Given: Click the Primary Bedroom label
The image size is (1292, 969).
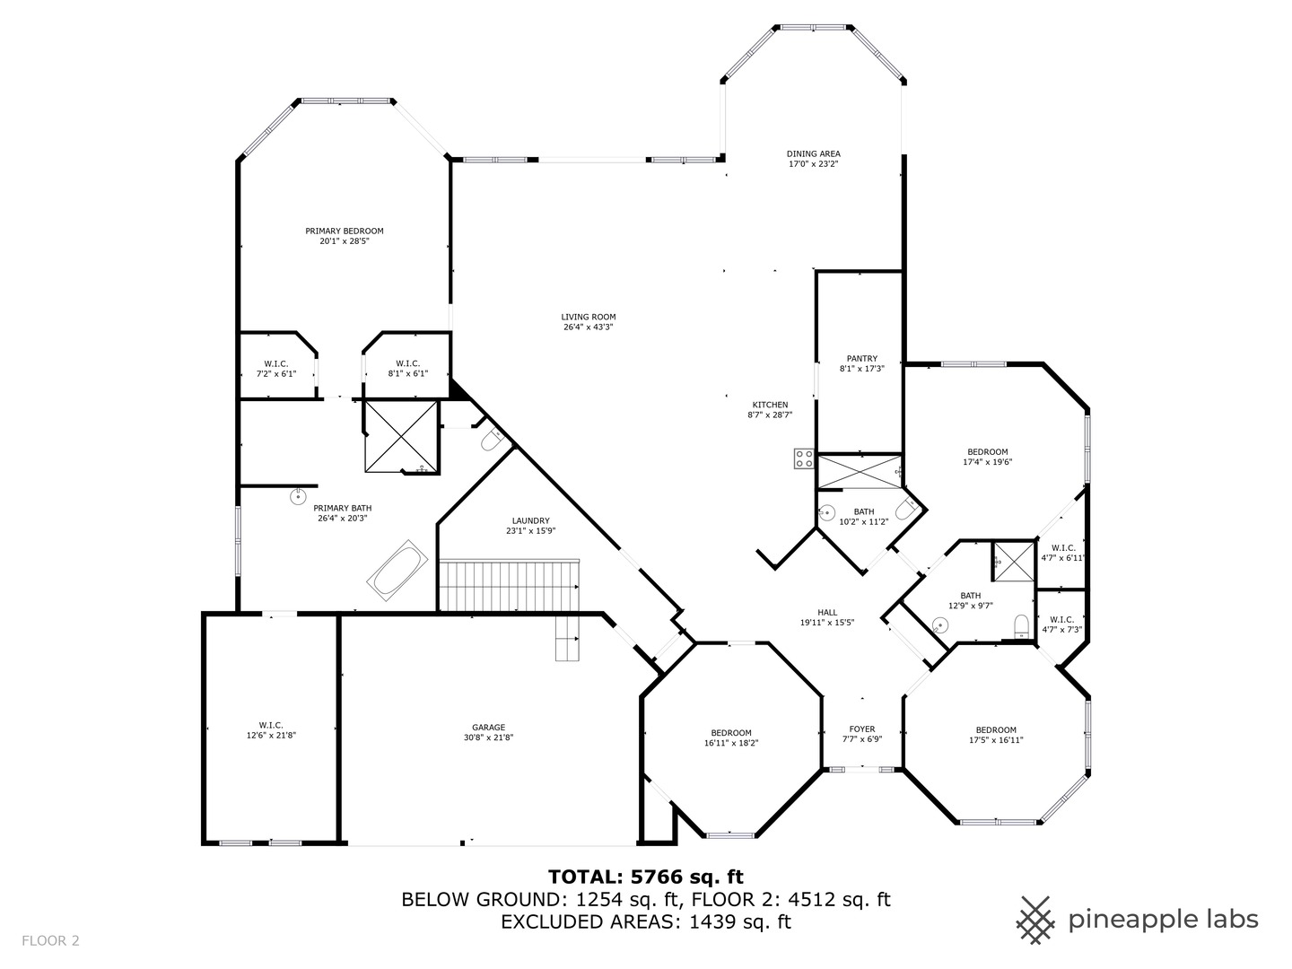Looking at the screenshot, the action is pyautogui.click(x=345, y=231).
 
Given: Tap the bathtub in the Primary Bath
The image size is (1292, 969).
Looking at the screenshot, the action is pyautogui.click(x=397, y=570).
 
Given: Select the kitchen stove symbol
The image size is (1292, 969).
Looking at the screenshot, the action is pyautogui.click(x=803, y=458).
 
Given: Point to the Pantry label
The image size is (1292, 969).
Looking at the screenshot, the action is pyautogui.click(x=861, y=358).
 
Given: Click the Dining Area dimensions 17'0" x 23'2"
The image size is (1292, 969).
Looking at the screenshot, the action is pyautogui.click(x=814, y=164).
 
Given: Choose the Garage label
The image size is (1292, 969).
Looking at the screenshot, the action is pyautogui.click(x=489, y=727).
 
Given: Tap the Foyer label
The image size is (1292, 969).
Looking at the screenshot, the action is pyautogui.click(x=862, y=729).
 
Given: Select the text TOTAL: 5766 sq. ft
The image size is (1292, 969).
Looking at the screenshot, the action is pyautogui.click(x=646, y=877).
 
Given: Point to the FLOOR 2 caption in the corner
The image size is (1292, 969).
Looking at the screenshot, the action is pyautogui.click(x=50, y=941).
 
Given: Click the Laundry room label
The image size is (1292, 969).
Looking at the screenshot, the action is pyautogui.click(x=531, y=520).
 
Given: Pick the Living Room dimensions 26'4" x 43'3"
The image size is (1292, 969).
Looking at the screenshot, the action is pyautogui.click(x=589, y=327).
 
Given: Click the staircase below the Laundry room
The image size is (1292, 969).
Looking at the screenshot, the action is pyautogui.click(x=510, y=585).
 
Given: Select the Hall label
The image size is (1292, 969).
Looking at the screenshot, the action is pyautogui.click(x=827, y=613).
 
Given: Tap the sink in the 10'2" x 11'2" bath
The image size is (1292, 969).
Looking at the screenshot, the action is pyautogui.click(x=827, y=513).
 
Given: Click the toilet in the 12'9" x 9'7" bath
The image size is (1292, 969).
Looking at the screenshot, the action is pyautogui.click(x=1023, y=627).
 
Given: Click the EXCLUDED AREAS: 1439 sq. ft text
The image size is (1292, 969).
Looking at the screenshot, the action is pyautogui.click(x=646, y=922).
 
